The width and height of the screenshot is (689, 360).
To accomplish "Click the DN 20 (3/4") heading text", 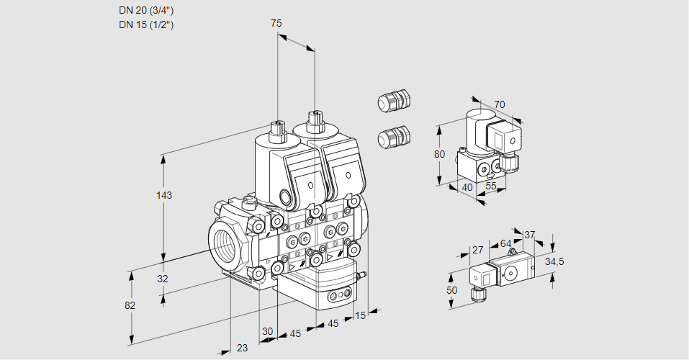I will click(146, 10).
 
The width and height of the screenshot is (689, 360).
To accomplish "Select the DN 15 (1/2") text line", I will click(146, 24).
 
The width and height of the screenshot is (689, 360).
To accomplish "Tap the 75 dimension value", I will click(276, 24).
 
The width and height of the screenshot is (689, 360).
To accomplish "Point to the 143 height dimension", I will click(165, 195).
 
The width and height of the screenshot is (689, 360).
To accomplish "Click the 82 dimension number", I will click(130, 305).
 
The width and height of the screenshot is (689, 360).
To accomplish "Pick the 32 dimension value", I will click(163, 279).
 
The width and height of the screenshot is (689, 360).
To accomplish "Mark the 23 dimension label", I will click(242, 348).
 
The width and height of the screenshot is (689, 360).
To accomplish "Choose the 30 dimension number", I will click(267, 331).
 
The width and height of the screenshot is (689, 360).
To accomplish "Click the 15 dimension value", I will click(361, 315).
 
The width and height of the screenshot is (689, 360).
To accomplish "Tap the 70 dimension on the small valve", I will click(500, 104).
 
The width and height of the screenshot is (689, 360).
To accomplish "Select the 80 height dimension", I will click(441, 153).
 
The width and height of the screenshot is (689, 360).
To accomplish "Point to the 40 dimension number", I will click(467, 187).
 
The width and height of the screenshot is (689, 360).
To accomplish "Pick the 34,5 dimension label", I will click(554, 261).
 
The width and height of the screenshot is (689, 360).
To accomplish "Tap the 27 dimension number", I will click(477, 250).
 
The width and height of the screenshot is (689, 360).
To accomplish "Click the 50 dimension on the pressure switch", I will click(451, 289).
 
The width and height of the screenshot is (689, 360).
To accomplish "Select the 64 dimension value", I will click(505, 243).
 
